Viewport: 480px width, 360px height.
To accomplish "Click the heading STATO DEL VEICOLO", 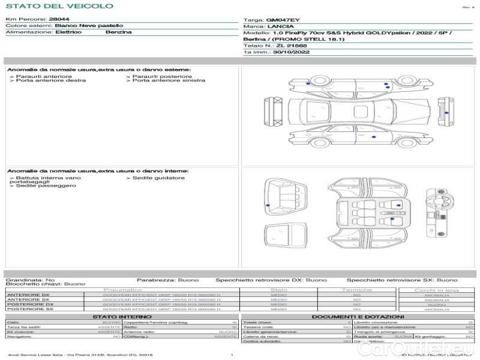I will [59, 6].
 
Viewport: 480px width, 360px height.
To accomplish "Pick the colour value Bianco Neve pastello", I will [89, 26].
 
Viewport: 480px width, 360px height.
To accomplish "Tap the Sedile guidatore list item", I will [158, 178].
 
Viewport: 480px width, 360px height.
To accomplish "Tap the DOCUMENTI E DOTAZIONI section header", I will [358, 316].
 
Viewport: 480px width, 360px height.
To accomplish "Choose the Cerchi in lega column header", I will [436, 290].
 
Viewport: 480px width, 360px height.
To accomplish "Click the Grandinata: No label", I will [30, 280].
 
